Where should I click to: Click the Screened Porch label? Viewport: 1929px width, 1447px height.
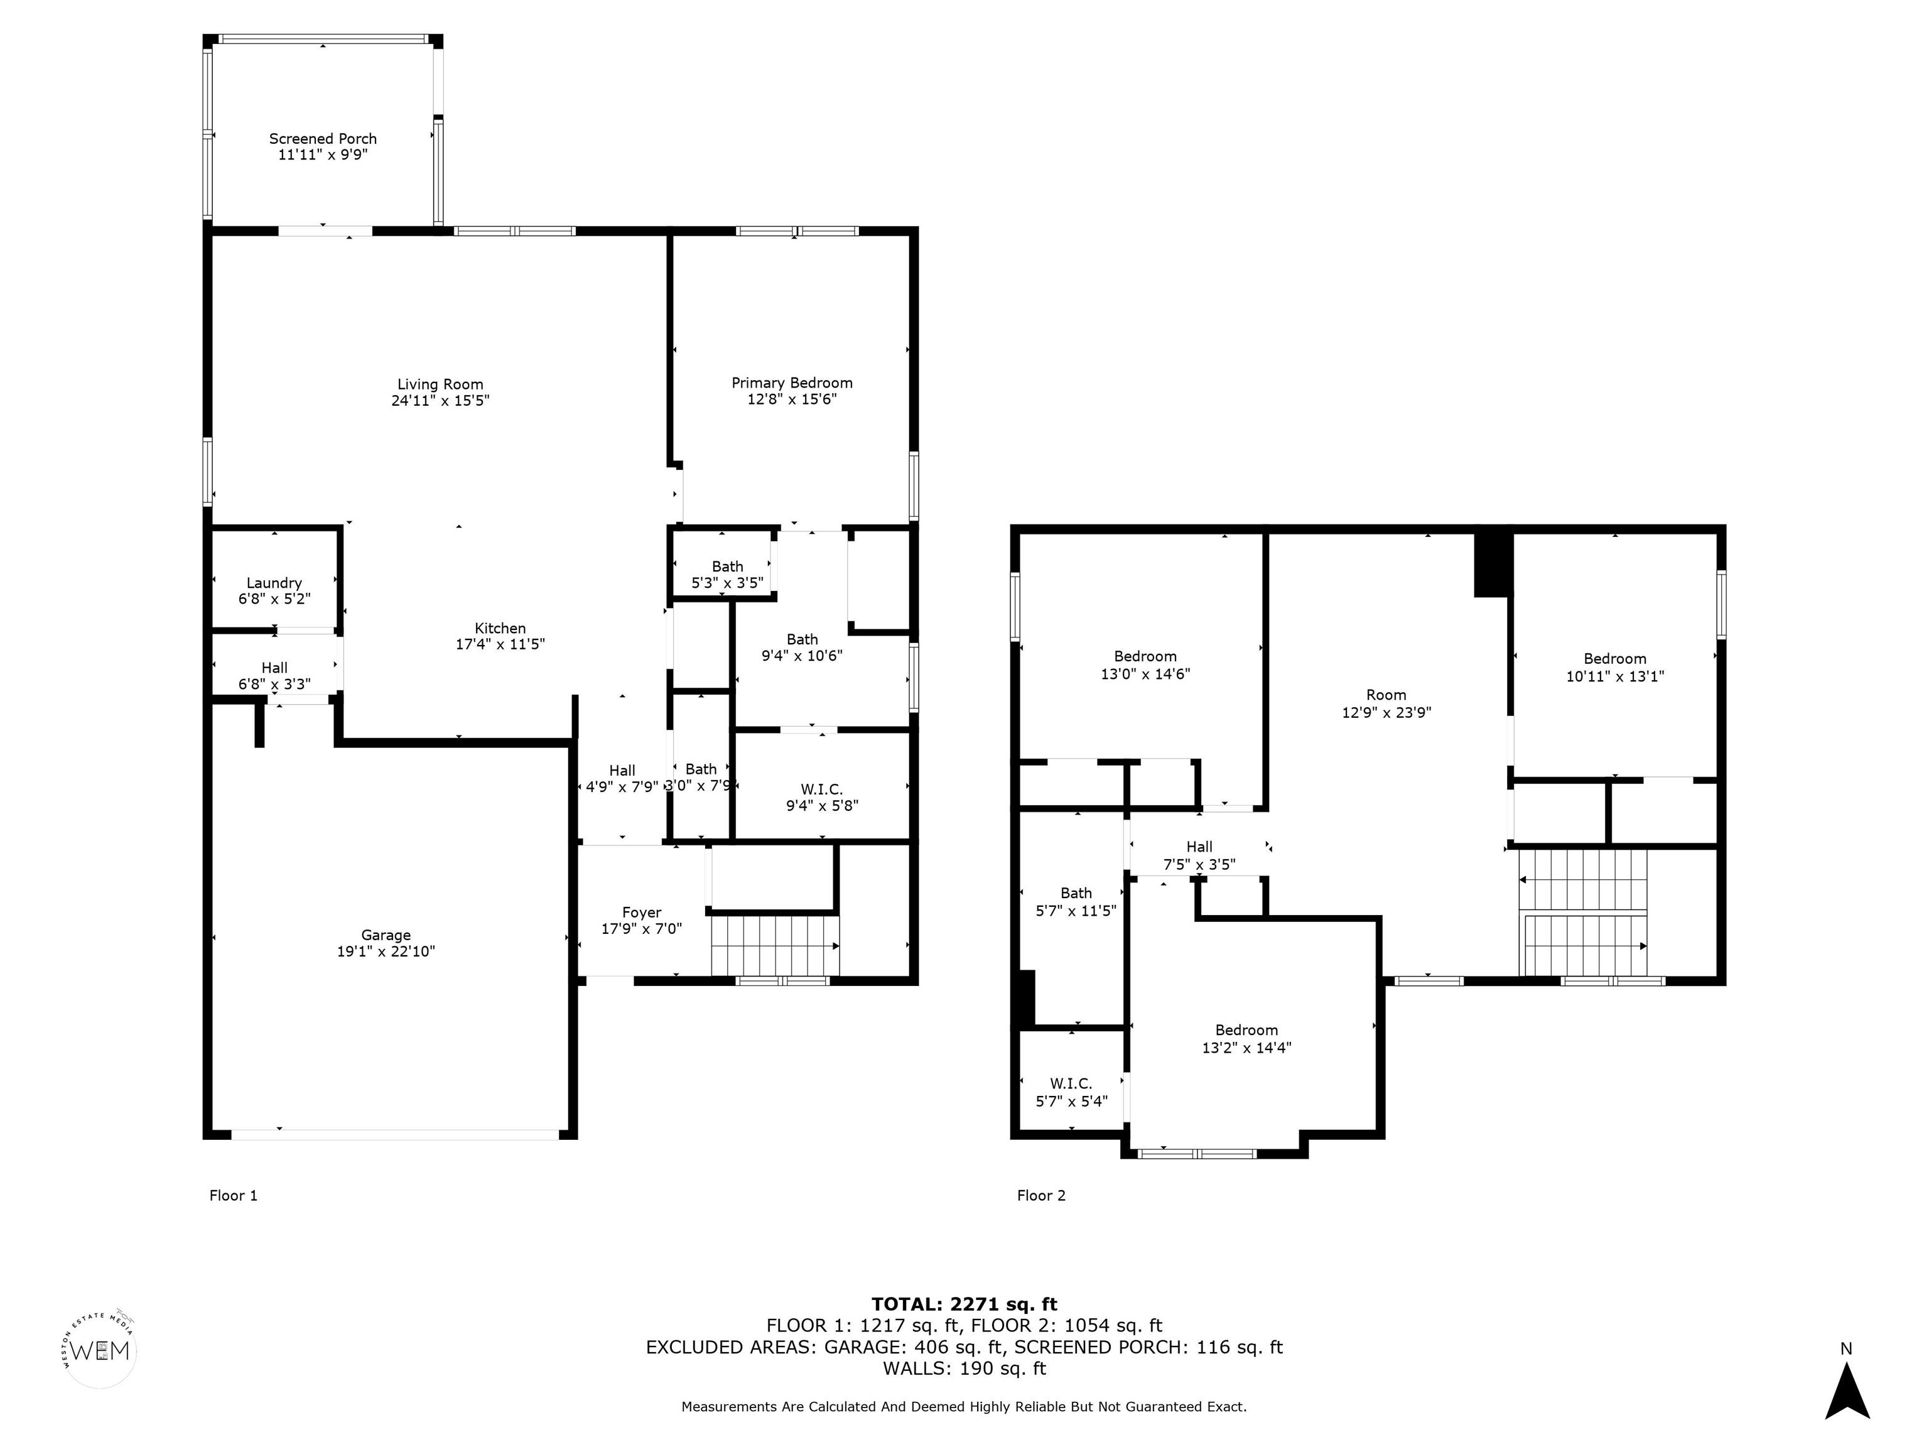[x=323, y=139]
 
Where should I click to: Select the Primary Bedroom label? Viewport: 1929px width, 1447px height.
[x=792, y=383]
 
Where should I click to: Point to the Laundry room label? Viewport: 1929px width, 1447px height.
[x=274, y=583]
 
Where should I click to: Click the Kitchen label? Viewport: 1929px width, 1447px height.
[x=500, y=629]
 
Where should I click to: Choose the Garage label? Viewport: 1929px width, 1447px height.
[x=386, y=935]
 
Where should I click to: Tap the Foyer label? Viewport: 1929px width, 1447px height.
[x=642, y=913]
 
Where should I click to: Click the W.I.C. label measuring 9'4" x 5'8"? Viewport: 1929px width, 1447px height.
[x=821, y=789]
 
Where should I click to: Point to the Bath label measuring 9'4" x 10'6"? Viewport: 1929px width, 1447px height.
[x=802, y=639]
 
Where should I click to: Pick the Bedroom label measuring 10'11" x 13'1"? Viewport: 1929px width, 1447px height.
[x=1615, y=659]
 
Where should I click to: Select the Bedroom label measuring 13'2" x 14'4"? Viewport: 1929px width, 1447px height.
[x=1247, y=1030]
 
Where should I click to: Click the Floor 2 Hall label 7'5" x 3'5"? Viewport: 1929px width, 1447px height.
[x=1199, y=855]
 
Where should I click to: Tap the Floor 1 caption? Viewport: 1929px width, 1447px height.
[x=234, y=1195]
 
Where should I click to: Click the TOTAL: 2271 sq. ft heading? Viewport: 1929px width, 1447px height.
[x=964, y=1304]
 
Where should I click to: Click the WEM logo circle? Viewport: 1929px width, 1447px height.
[x=100, y=1350]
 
